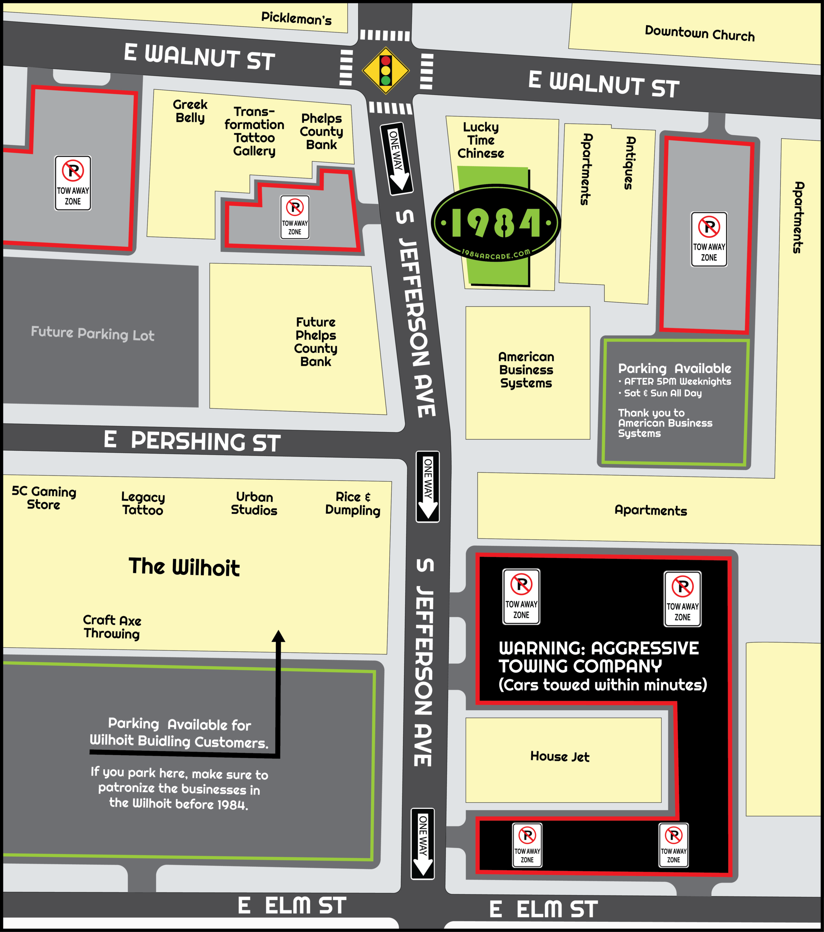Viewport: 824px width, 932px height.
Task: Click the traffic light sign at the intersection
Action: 385,71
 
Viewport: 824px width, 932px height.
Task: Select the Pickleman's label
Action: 296,18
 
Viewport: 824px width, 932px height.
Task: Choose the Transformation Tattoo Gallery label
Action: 254,131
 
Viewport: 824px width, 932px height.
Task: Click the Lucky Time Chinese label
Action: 481,140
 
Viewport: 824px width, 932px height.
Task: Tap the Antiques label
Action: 630,163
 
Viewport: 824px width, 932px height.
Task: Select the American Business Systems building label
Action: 526,370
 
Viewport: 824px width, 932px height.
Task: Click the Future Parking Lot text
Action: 92,334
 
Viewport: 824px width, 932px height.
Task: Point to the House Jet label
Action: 560,757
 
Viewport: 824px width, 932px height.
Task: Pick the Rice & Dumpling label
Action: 352,503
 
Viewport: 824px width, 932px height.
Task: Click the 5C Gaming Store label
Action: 44,498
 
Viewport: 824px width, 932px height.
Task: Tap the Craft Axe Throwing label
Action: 112,627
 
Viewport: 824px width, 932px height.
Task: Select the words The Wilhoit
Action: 184,567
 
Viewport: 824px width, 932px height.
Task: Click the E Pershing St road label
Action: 192,441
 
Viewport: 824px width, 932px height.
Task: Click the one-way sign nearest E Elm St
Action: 423,844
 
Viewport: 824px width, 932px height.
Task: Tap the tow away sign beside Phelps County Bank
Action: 295,217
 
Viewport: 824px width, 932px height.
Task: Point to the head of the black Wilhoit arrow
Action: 279,636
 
